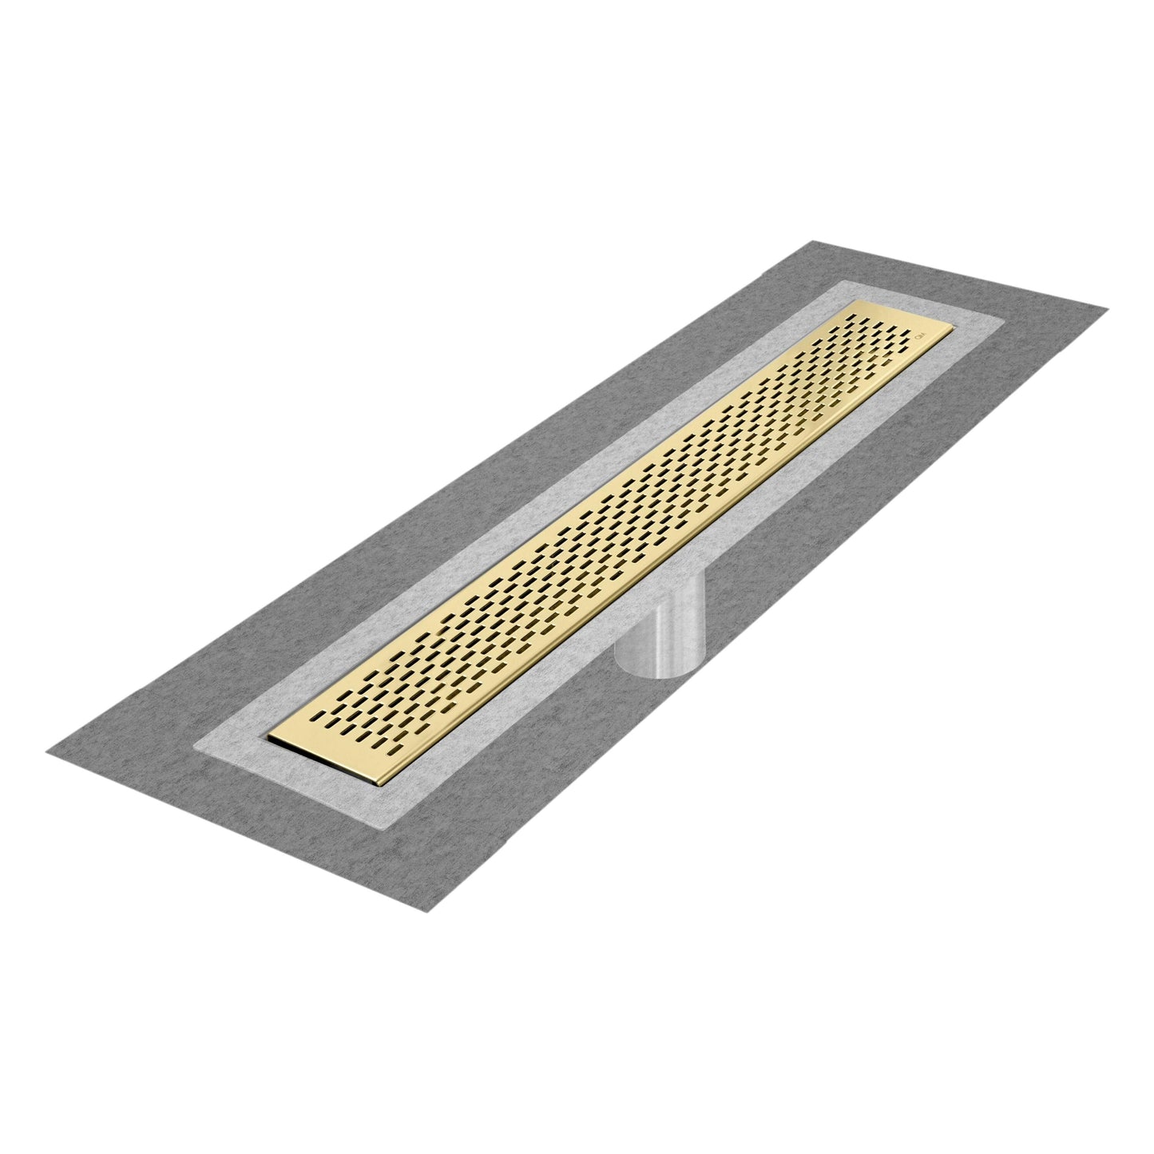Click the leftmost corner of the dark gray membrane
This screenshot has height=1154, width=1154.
(x=46, y=750)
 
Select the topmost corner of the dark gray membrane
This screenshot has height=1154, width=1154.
(x=813, y=240)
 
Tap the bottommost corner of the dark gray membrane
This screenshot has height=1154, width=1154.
(x=425, y=913)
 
